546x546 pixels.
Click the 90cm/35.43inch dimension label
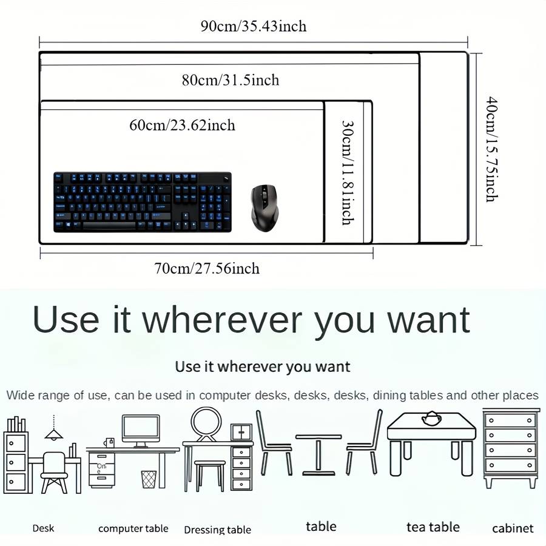point(254,26)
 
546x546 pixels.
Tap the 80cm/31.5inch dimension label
point(231,80)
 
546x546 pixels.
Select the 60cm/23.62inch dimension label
point(182,126)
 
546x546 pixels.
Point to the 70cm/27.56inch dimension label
point(206,268)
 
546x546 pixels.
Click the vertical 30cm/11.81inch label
point(347,172)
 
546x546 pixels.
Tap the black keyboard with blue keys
point(143,202)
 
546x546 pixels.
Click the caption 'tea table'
point(433,527)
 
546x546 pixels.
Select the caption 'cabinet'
point(513,528)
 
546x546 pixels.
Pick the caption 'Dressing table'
point(217,530)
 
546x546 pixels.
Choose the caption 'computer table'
point(133,528)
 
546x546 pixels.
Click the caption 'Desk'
point(43,528)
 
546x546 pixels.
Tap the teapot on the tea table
point(431,418)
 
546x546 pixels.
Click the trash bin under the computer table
point(148,479)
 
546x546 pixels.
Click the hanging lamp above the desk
point(54,431)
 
